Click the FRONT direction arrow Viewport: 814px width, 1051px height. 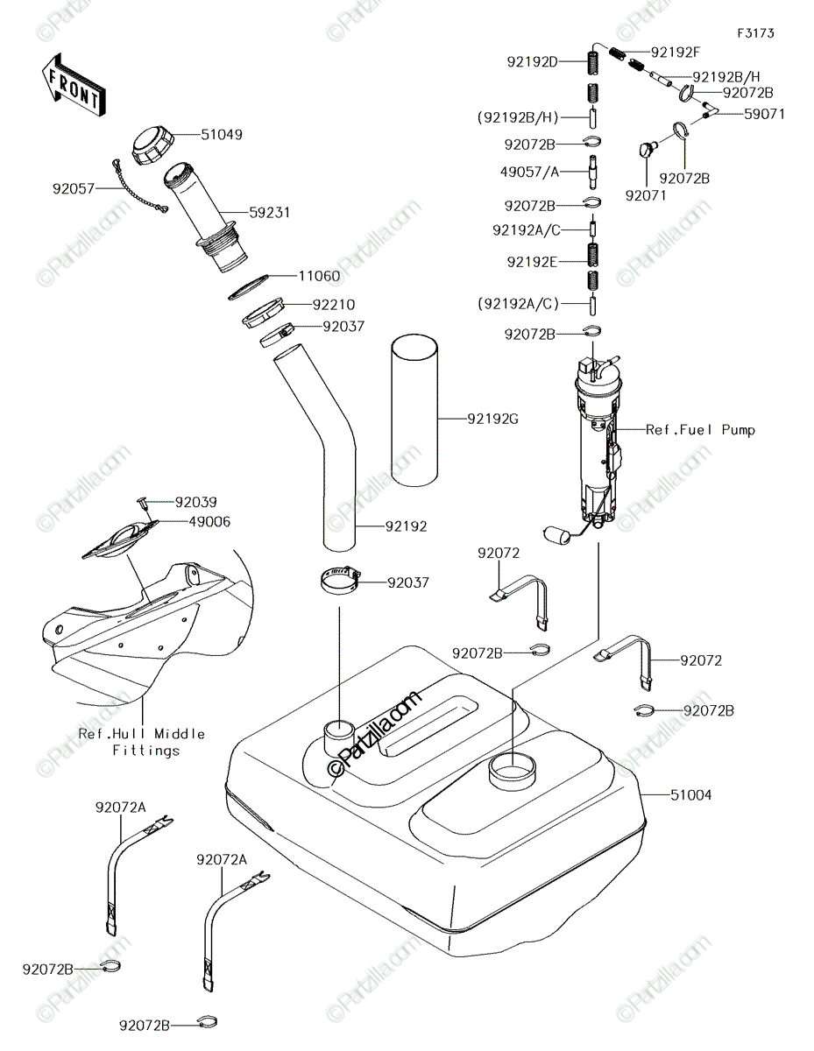pyautogui.click(x=73, y=85)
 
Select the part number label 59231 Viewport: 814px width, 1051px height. pyautogui.click(x=269, y=213)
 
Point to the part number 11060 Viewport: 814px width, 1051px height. pyautogui.click(x=319, y=276)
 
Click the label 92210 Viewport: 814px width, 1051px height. pyautogui.click(x=334, y=305)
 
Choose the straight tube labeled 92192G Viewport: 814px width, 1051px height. pyautogui.click(x=414, y=409)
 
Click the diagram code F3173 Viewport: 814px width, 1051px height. pyautogui.click(x=755, y=33)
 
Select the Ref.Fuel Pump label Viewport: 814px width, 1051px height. pyautogui.click(x=700, y=429)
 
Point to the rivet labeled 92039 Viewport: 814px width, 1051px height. pyautogui.click(x=143, y=503)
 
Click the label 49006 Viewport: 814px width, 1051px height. pyautogui.click(x=209, y=522)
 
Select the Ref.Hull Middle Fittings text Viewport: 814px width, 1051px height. pyautogui.click(x=142, y=742)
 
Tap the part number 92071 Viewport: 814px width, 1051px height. pyautogui.click(x=646, y=195)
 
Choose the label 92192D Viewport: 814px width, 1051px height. pyautogui.click(x=532, y=62)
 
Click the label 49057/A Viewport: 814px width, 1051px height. pyautogui.click(x=529, y=172)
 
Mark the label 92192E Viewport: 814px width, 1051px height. pyautogui.click(x=532, y=262)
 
